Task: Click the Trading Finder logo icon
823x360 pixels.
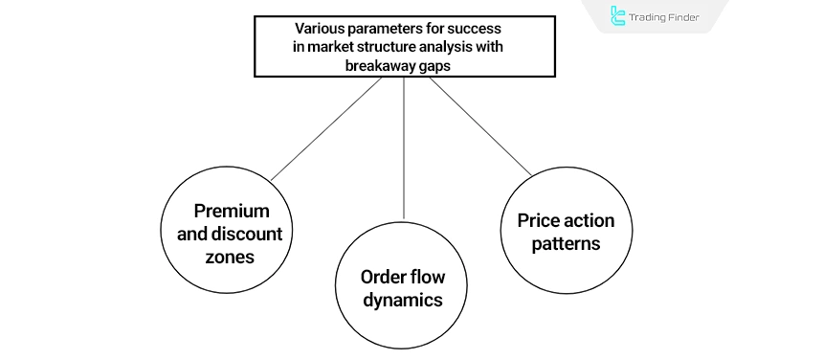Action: click(618, 16)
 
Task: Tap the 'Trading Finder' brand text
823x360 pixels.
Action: click(666, 16)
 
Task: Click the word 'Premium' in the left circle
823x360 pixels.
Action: click(232, 211)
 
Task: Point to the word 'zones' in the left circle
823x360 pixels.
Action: click(232, 257)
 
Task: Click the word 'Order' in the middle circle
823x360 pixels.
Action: click(381, 277)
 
